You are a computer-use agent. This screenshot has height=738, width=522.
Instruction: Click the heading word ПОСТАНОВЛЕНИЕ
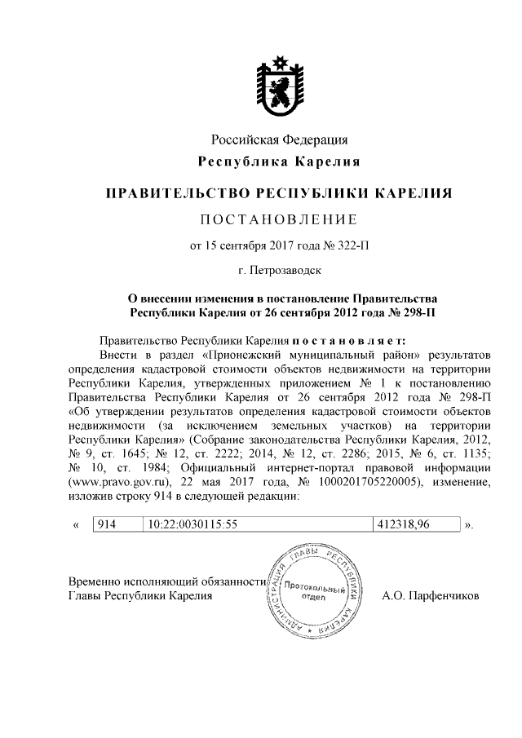pyautogui.click(x=280, y=220)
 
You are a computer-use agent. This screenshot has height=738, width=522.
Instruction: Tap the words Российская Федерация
pyautogui.click(x=280, y=139)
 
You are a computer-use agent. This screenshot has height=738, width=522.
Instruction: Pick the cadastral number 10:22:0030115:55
pyautogui.click(x=192, y=524)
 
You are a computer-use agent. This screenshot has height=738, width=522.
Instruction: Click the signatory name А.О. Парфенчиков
pyautogui.click(x=431, y=596)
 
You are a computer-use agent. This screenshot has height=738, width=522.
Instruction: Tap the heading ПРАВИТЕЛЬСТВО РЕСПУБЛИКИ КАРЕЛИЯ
pyautogui.click(x=280, y=194)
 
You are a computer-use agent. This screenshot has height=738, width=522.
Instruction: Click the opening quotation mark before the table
pyautogui.click(x=76, y=524)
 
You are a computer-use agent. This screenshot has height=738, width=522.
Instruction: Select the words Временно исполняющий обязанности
pyautogui.click(x=166, y=581)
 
